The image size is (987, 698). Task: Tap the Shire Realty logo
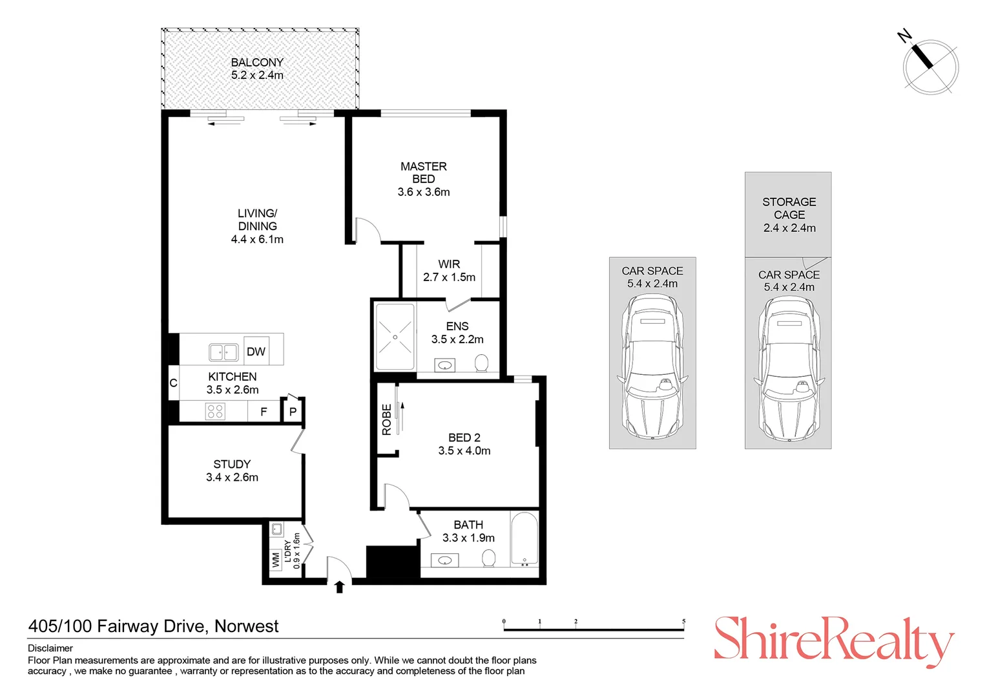point(833,640)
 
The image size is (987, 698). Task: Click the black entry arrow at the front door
point(339,587)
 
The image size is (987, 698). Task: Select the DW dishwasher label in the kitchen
point(256,352)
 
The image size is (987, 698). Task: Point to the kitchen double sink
point(223,352)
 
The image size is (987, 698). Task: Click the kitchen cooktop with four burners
point(215,411)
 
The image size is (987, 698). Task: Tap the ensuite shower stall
point(395,337)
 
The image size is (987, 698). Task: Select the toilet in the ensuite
point(481,363)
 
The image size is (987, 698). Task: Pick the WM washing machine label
point(276,559)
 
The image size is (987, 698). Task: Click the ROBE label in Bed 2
point(386,419)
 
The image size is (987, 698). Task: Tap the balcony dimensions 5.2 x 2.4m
point(257,76)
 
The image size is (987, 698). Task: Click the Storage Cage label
point(789,208)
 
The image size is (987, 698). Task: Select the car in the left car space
point(652,366)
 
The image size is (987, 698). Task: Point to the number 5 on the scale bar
point(683,622)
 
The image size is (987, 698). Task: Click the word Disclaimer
point(50,648)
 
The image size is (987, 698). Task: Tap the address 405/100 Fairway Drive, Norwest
point(154,626)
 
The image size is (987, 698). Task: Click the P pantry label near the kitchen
point(293,412)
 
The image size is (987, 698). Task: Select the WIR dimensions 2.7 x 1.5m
point(449,277)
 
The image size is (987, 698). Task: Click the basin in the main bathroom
point(445,560)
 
